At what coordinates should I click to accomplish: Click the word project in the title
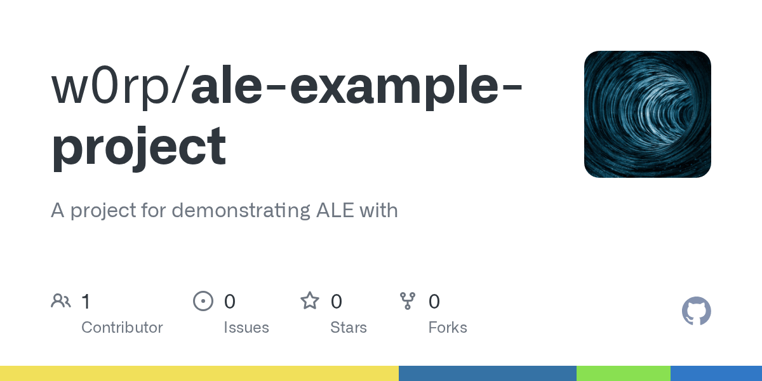[138, 146]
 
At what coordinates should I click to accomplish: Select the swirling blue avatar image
[647, 114]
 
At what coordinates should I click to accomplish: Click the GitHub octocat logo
[696, 311]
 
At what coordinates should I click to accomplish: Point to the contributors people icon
[61, 301]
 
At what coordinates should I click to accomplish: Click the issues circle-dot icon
[203, 301]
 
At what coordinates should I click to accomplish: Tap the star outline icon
[310, 301]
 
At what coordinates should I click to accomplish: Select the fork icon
[408, 301]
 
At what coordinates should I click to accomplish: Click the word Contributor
[122, 328]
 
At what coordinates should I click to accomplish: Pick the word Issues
[246, 328]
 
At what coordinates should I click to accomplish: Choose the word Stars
[349, 328]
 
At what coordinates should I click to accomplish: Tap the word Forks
[448, 328]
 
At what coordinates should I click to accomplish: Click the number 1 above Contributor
[86, 301]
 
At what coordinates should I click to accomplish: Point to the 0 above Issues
[230, 301]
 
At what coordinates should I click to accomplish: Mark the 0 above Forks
[434, 301]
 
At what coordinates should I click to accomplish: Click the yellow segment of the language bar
[199, 373]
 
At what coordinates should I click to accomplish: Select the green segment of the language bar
[623, 373]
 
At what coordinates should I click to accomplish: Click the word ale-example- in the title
[356, 88]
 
